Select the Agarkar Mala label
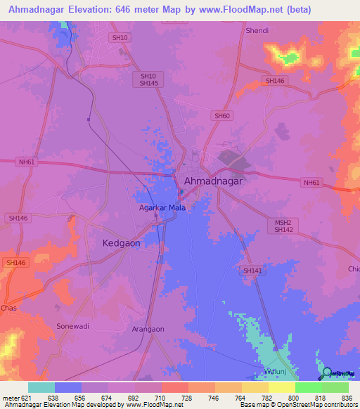coord(161,208)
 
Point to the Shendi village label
coord(257,31)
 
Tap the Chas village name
coord(8,308)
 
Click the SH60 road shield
coord(221,115)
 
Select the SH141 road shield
coord(252,271)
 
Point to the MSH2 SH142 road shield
coord(283,226)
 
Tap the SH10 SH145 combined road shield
coord(148,79)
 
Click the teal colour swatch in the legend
coord(41,387)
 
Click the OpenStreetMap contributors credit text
coord(317,405)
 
